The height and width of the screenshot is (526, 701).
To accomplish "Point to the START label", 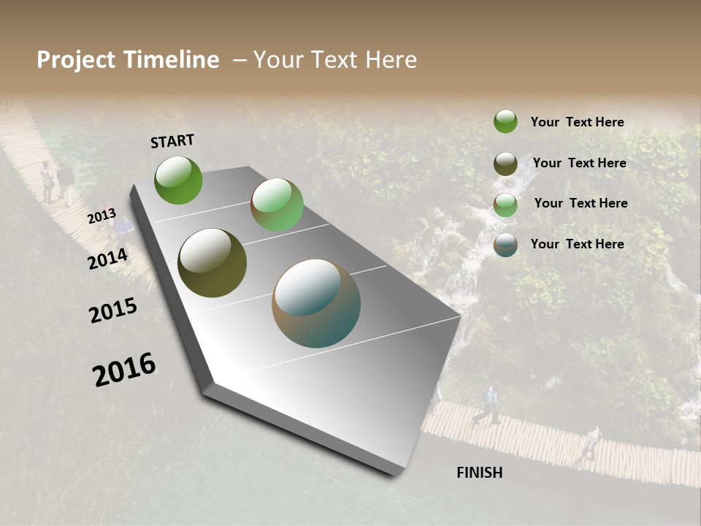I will click(x=172, y=141).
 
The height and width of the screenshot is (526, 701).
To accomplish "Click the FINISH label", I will click(x=480, y=473).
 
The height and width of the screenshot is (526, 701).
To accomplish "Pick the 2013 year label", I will click(x=101, y=217).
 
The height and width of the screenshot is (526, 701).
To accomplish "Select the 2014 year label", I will click(x=108, y=259).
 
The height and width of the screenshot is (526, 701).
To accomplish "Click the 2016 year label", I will click(x=124, y=370).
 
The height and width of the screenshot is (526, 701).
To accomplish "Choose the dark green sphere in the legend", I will click(x=505, y=121).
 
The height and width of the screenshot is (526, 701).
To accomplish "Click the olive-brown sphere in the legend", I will click(x=505, y=164).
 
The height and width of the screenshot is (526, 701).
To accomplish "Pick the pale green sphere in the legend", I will click(x=505, y=205).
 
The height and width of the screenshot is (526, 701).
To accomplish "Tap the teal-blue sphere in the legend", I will click(x=505, y=245).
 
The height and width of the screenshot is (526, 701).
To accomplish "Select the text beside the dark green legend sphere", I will click(x=577, y=122).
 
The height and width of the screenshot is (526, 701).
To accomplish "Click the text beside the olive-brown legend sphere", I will click(x=579, y=163).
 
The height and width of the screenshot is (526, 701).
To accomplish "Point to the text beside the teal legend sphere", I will click(x=577, y=244).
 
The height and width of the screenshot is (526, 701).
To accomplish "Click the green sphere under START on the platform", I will click(x=178, y=180).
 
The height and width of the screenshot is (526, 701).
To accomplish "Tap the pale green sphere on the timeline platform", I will click(x=277, y=205).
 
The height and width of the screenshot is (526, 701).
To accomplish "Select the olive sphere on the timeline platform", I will click(x=212, y=263).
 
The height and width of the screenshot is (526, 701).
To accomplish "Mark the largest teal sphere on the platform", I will click(x=316, y=303).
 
